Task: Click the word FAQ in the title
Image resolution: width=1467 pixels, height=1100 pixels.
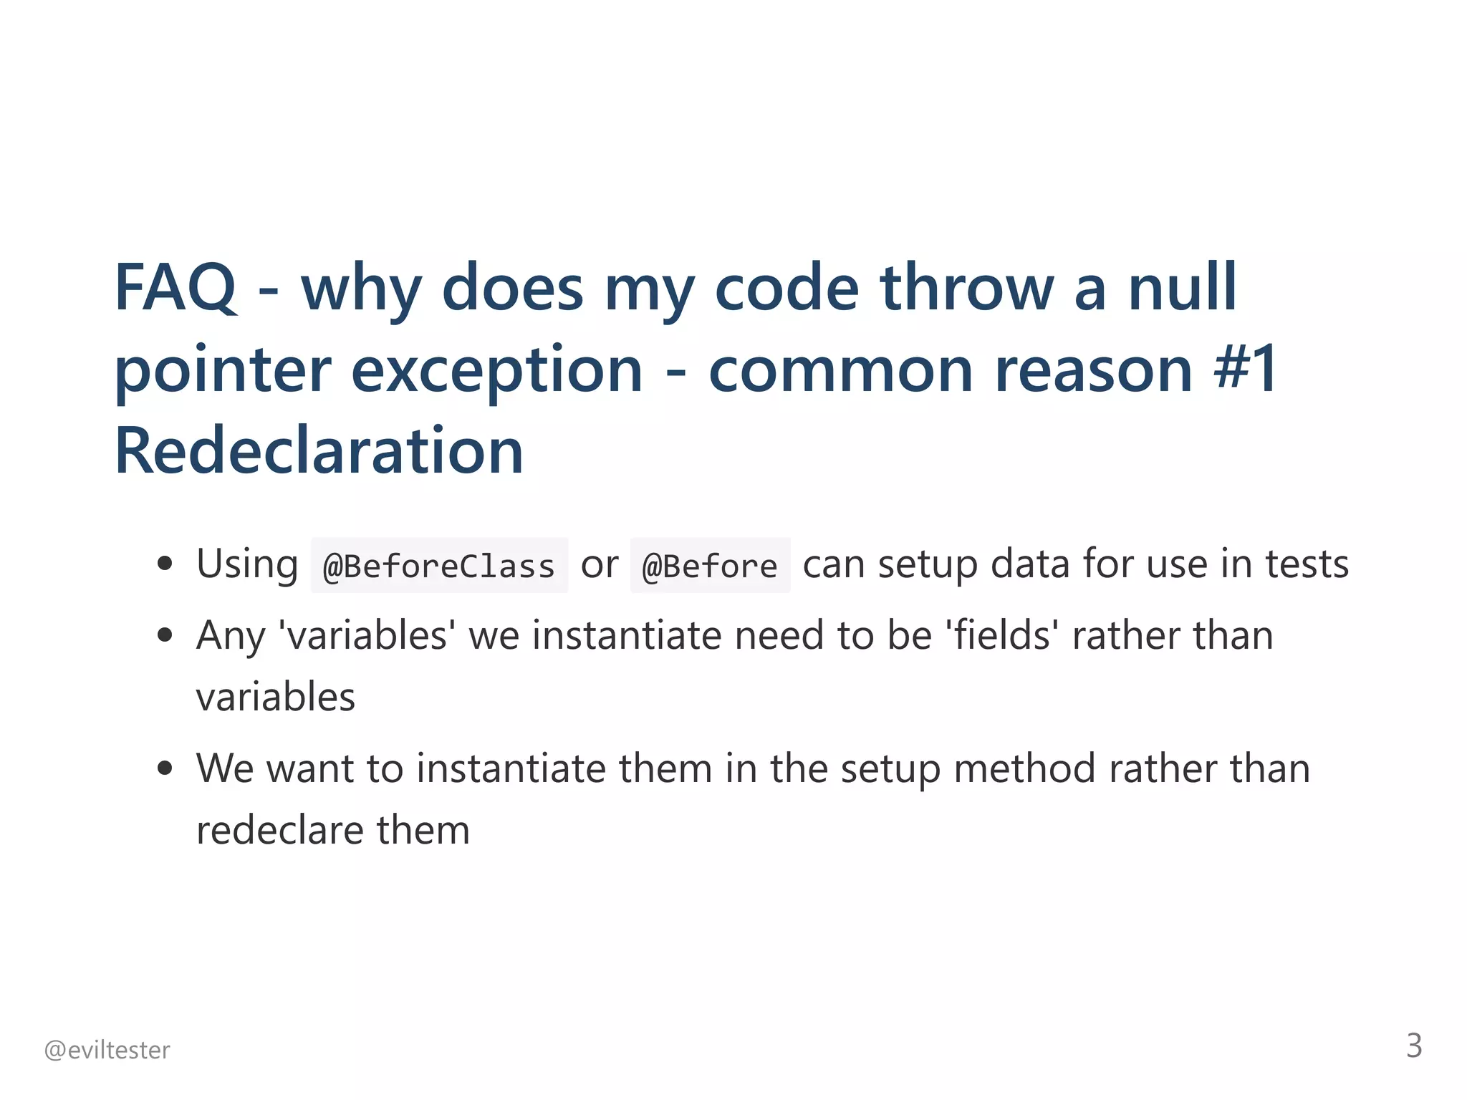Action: [x=175, y=288]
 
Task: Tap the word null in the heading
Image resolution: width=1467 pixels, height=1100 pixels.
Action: [x=1183, y=288]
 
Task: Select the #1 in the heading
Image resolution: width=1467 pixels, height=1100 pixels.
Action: [x=1246, y=370]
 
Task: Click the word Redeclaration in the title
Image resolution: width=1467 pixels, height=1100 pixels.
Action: [x=319, y=451]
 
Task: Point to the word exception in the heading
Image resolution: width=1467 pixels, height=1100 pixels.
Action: [x=496, y=371]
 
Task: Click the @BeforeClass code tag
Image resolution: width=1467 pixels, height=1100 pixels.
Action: [x=439, y=566]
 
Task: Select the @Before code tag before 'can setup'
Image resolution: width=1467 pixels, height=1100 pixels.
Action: [x=710, y=566]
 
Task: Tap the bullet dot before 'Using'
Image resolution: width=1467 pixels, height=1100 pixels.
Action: [x=165, y=563]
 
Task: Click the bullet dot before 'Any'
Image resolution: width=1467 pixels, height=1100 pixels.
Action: [x=165, y=635]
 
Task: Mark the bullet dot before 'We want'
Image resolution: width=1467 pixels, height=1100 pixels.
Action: [x=165, y=768]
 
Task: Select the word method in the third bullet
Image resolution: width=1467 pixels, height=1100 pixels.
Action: [x=1024, y=769]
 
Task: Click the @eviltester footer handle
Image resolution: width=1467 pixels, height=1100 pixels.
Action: [x=107, y=1050]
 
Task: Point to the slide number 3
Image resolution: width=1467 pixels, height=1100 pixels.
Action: [x=1414, y=1046]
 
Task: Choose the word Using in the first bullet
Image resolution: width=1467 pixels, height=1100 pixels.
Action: [x=247, y=564]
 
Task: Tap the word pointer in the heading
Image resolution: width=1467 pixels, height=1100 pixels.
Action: [x=222, y=371]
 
